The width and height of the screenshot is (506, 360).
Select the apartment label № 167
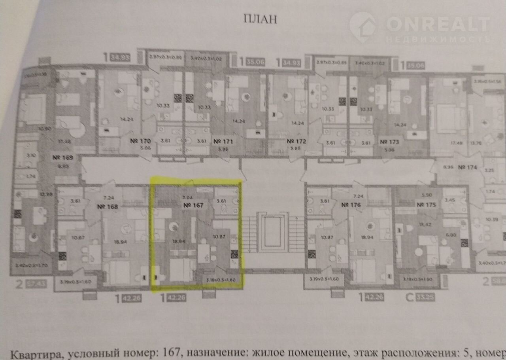tap(193, 206)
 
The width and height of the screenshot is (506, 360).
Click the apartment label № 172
tap(296, 141)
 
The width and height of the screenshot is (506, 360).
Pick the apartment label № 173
tap(390, 141)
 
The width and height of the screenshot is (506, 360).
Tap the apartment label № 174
tap(468, 167)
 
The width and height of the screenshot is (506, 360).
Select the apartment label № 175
tap(427, 205)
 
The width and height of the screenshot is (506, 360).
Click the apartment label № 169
tap(62, 158)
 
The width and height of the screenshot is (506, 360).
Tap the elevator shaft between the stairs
tap(272, 233)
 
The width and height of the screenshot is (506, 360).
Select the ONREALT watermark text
tap(437, 25)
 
